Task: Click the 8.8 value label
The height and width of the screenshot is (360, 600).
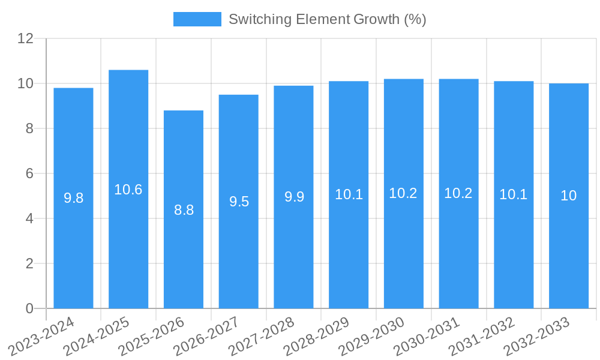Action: [x=184, y=210]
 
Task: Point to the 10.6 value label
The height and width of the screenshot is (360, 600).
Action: [x=128, y=190]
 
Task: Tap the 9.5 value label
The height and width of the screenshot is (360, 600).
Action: [x=239, y=202]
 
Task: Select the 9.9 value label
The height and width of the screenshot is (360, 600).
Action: [x=293, y=197]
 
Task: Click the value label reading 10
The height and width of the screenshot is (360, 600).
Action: [x=569, y=196]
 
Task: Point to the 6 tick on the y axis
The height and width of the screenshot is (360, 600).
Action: [x=29, y=173]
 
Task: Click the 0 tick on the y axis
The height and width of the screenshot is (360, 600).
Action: [x=29, y=308]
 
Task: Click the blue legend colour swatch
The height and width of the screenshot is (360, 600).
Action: [x=197, y=19]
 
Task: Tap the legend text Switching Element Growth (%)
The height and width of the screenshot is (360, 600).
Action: [x=327, y=19]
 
